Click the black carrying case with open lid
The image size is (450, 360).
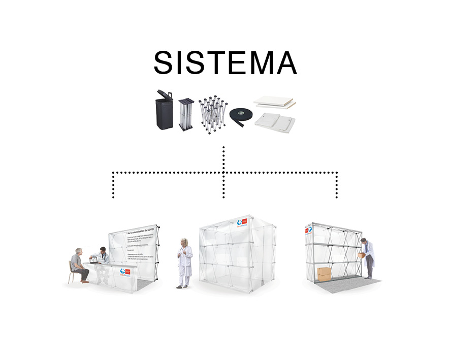pos(165,112)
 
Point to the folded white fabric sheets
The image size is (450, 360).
pos(274,122)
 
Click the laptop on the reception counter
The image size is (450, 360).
pos(94,260)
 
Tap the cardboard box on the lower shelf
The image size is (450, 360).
pos(324,274)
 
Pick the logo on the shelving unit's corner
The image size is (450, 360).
pos(308,230)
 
